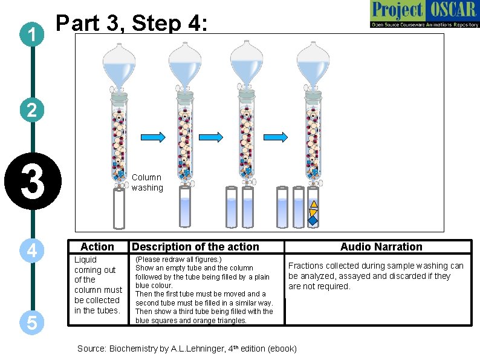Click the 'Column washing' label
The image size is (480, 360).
point(147,182)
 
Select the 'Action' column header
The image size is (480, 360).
point(97,246)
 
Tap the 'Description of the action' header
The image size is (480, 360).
point(195,246)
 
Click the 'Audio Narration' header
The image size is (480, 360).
point(381,246)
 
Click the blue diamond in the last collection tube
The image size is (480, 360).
point(313,221)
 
